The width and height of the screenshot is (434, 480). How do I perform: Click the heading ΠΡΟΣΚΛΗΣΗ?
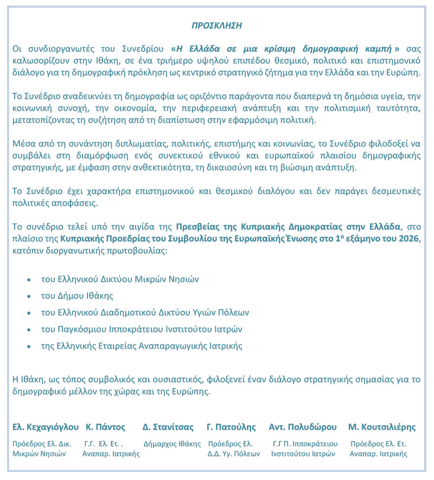click(217, 25)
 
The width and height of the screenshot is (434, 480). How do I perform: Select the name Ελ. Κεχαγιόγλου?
click(46, 427)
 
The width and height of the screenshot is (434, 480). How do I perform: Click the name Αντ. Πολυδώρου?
click(302, 427)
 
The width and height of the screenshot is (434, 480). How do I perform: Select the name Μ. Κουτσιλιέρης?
click(382, 427)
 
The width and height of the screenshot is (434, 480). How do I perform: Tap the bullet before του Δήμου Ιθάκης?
click(28, 297)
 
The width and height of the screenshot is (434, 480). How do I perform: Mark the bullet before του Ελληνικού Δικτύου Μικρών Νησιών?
click(28, 280)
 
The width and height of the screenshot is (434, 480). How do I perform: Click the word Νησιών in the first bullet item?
click(183, 280)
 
